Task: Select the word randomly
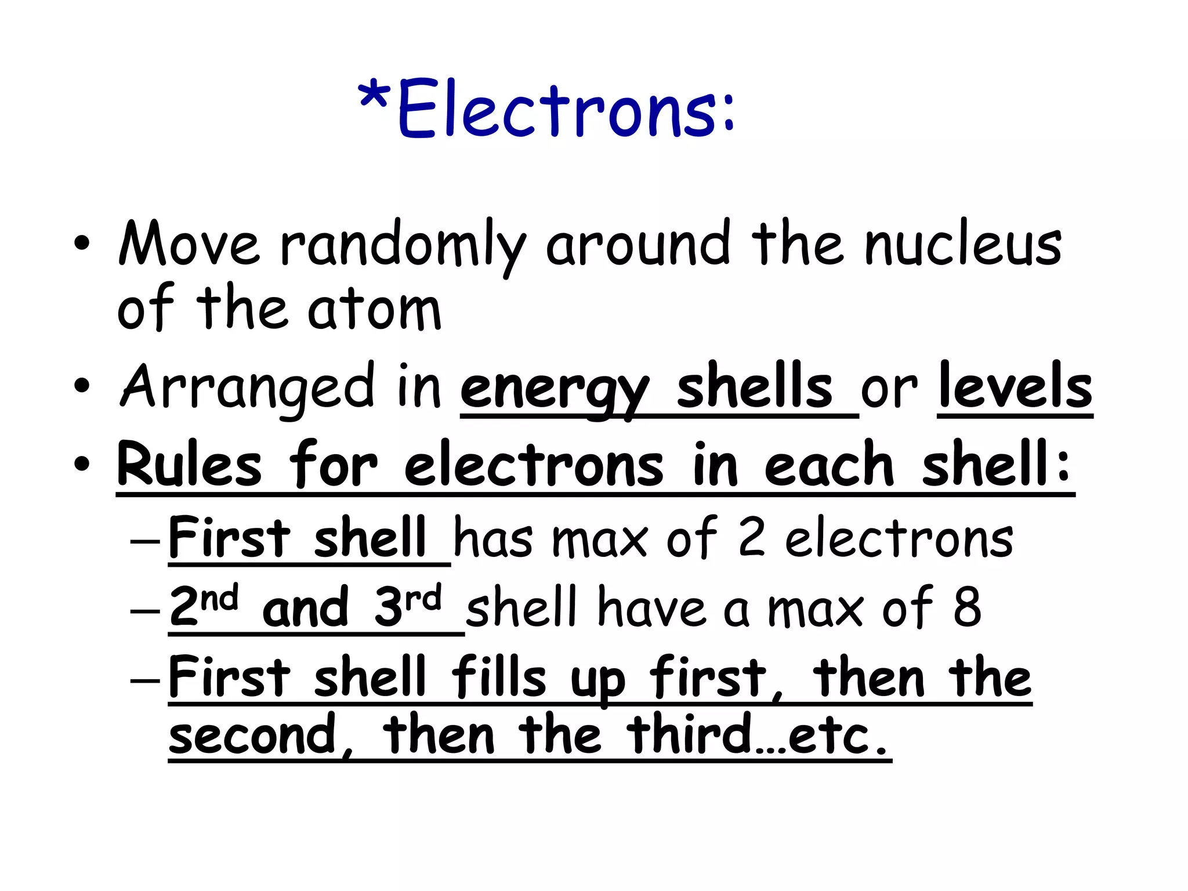tap(403, 247)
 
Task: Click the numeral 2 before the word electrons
tap(752, 538)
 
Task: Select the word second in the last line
tap(253, 736)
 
